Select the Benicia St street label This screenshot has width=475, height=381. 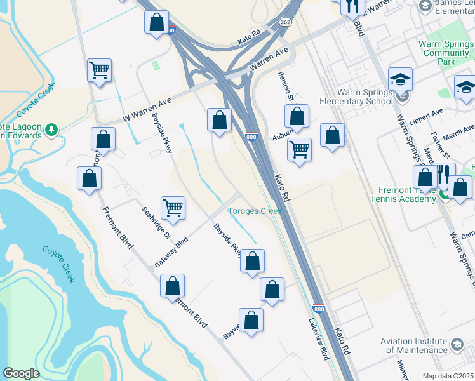[x=284, y=85]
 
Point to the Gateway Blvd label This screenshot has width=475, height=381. [x=171, y=252]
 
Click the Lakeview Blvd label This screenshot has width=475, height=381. [x=319, y=339]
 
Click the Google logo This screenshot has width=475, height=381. [x=20, y=373]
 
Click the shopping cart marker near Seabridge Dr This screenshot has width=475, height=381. [x=173, y=207]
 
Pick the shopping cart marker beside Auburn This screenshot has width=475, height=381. [x=299, y=150]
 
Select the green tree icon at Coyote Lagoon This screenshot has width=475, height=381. [x=51, y=131]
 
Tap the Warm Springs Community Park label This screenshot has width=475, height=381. [x=446, y=53]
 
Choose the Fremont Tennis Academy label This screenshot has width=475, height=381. [x=407, y=194]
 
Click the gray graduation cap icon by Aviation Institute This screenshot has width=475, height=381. [x=456, y=345]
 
